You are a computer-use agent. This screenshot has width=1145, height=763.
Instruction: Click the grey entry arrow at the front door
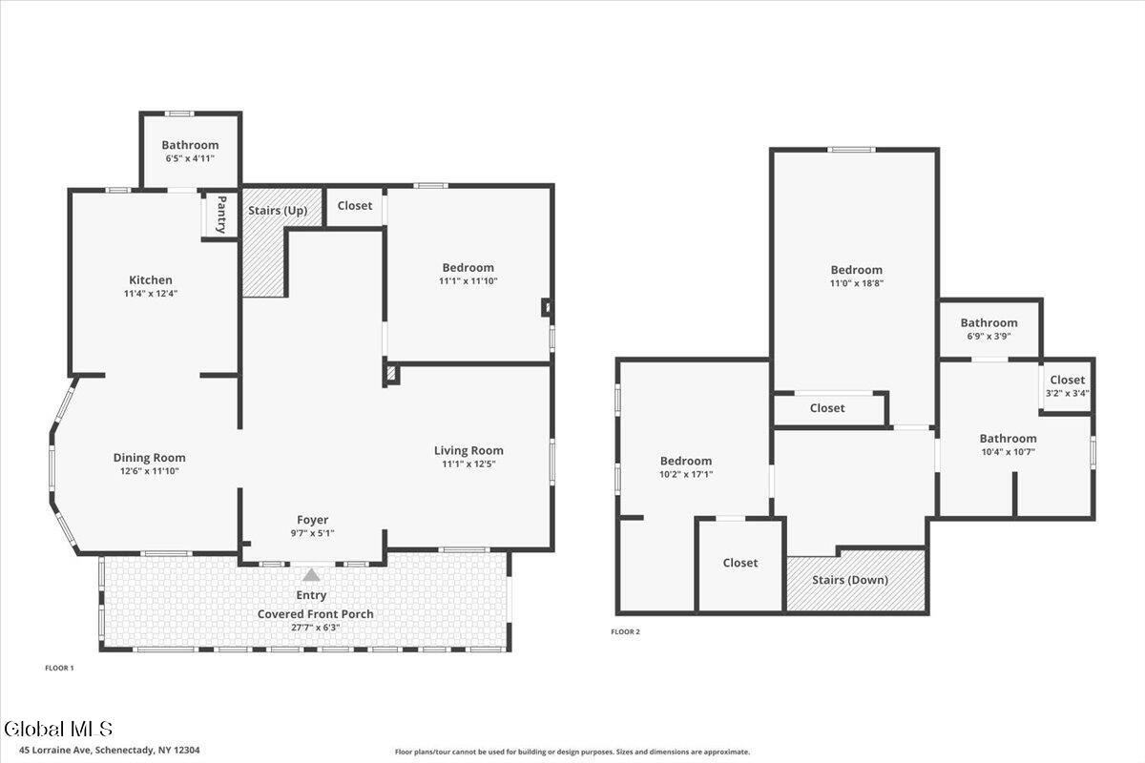point(311,575)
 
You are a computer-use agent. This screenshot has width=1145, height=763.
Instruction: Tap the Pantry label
point(221,215)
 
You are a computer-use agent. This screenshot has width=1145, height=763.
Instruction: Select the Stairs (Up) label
point(278,211)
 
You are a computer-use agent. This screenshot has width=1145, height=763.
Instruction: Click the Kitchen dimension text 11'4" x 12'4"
point(151,294)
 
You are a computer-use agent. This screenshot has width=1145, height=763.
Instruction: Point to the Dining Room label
point(149,458)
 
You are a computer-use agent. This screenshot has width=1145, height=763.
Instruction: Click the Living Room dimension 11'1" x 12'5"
point(468,464)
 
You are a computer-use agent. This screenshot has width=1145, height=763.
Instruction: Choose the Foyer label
point(312,520)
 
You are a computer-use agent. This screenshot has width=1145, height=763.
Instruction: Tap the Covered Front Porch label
point(316,614)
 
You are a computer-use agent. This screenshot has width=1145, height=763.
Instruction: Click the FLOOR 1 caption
point(59,668)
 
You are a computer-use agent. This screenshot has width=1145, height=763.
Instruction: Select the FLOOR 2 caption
point(625,631)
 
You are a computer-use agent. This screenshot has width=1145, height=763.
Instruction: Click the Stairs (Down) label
point(850,580)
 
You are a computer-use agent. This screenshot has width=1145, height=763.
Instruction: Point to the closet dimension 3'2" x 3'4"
point(1068,394)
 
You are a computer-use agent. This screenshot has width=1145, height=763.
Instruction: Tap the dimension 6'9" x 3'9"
point(989,337)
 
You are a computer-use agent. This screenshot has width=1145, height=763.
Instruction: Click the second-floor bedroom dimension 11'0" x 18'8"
point(857,283)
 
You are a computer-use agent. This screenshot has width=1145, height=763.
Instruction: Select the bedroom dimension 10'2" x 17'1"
point(686,474)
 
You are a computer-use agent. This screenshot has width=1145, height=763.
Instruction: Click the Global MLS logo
point(58,729)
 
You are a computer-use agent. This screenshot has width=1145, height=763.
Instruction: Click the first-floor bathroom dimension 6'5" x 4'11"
point(190,158)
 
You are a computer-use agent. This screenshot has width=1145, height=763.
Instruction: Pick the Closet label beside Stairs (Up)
point(355,205)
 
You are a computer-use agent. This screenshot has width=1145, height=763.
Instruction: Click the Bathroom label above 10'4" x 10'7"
point(1008,439)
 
